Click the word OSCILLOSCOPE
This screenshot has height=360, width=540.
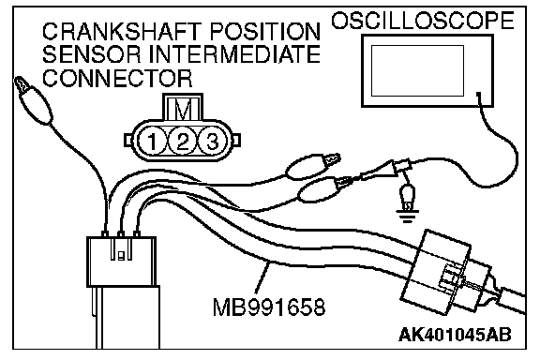[x=423, y=21]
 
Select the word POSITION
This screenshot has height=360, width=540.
[x=265, y=32]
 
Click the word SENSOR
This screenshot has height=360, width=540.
[x=92, y=54]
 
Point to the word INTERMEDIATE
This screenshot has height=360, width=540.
[x=234, y=54]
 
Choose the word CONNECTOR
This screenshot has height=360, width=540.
[x=117, y=78]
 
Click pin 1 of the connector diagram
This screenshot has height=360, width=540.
[x=152, y=141]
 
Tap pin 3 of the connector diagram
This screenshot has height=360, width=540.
[x=212, y=141]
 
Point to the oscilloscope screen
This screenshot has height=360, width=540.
[x=417, y=70]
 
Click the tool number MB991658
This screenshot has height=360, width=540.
[x=269, y=307]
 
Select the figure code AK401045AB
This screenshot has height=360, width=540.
[x=455, y=335]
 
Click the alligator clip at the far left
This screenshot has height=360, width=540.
[x=33, y=99]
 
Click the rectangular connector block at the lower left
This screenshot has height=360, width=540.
[x=121, y=261]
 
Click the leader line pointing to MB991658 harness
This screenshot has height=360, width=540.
[x=262, y=279]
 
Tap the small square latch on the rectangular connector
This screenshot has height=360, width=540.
[x=121, y=256]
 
